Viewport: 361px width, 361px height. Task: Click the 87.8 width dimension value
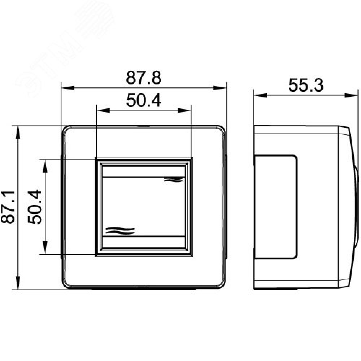point(144,78)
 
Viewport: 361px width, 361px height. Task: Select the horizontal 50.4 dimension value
point(144,101)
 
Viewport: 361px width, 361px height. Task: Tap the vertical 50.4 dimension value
point(35,206)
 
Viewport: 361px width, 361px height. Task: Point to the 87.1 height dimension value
point(8,207)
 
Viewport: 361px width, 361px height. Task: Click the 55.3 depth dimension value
point(306,85)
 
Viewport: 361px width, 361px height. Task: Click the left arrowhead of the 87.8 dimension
point(68,88)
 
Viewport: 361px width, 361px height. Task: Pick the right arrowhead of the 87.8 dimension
point(219,88)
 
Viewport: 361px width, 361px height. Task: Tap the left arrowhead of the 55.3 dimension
point(261,95)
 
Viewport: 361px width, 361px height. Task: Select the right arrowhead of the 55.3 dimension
point(351,95)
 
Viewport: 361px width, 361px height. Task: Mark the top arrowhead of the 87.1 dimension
point(18,132)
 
